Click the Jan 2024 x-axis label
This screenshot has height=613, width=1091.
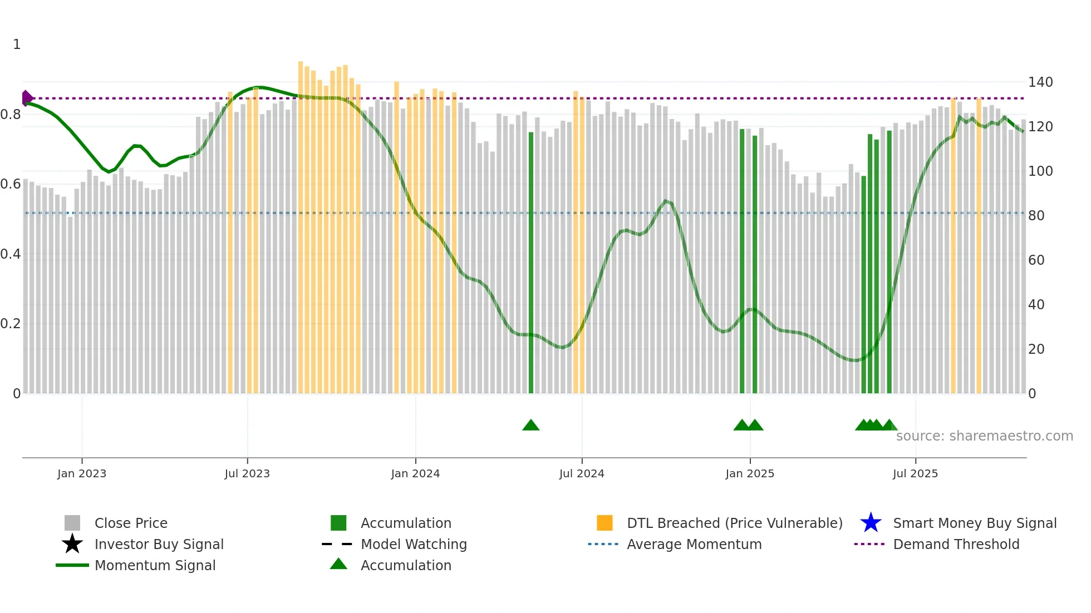coord(415,473)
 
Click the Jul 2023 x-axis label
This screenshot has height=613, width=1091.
coord(247,473)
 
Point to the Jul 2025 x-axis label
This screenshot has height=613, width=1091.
coord(915,473)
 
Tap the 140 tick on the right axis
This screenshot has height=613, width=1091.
coord(1040,82)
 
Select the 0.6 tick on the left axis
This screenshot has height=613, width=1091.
coord(11,184)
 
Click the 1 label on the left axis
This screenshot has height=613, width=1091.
coord(17,45)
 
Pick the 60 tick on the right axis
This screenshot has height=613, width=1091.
coord(1036,260)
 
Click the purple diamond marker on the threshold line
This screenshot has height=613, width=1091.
coord(27,98)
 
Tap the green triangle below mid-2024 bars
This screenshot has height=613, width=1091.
coord(530,426)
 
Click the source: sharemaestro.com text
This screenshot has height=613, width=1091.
coord(984,436)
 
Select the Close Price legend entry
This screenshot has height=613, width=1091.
coord(131,523)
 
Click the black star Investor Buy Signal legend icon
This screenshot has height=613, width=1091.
coord(72,544)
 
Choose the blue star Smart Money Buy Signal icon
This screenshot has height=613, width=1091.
coord(871,523)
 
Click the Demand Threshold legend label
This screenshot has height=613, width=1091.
coord(956,544)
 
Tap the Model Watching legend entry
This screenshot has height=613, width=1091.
coord(413,544)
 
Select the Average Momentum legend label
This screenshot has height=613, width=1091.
coord(694,544)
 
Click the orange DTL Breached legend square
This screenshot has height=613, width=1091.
coord(605,523)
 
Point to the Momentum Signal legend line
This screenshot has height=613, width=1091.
coord(72,565)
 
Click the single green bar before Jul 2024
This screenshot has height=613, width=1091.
coord(530,261)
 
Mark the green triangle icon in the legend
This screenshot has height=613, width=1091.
coord(338,564)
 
